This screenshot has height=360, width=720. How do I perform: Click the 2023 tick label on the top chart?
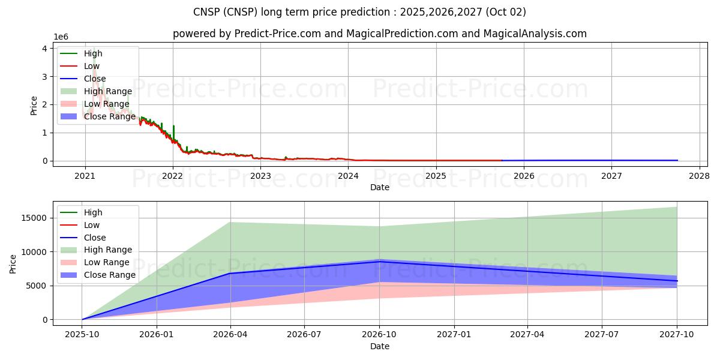pos(260,176)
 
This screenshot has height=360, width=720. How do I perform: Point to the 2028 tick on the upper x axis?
pos(699,176)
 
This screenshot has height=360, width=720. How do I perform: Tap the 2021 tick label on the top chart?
pos(85,176)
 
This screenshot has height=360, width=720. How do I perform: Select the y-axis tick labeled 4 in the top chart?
pos(44,49)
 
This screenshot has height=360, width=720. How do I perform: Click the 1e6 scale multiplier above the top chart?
pos(61,37)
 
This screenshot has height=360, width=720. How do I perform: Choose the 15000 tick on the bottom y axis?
pos(35,218)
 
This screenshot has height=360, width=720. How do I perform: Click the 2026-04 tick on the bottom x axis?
pos(230,335)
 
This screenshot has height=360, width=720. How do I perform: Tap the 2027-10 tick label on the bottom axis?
pos(677,335)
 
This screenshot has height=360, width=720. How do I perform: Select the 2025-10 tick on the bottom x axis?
pos(82,335)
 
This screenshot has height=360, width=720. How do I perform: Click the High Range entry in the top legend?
pos(108,91)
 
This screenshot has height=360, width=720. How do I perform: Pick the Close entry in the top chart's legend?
pos(95,79)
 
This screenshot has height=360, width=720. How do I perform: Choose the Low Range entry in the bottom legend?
pos(107,262)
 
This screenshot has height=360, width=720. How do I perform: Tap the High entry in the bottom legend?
pos(93,212)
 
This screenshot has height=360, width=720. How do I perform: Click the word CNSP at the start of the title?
pos(206,12)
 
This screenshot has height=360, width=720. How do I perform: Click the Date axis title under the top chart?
pos(380,187)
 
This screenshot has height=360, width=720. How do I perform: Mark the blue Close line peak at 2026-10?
pos(379,262)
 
